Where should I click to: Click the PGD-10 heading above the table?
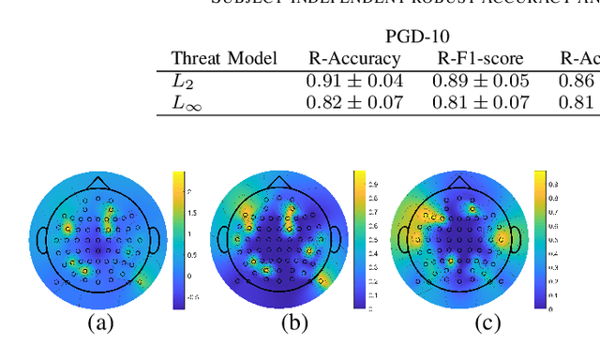(417, 37)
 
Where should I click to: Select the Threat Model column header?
(224, 59)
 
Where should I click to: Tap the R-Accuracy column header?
(354, 59)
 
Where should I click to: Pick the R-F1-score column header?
(480, 59)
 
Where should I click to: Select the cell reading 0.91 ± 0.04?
(354, 81)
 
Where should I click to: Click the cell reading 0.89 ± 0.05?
(480, 81)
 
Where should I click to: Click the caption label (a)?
(101, 323)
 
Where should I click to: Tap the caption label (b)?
(296, 323)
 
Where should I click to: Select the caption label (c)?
(487, 323)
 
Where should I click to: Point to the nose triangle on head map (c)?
(458, 181)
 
